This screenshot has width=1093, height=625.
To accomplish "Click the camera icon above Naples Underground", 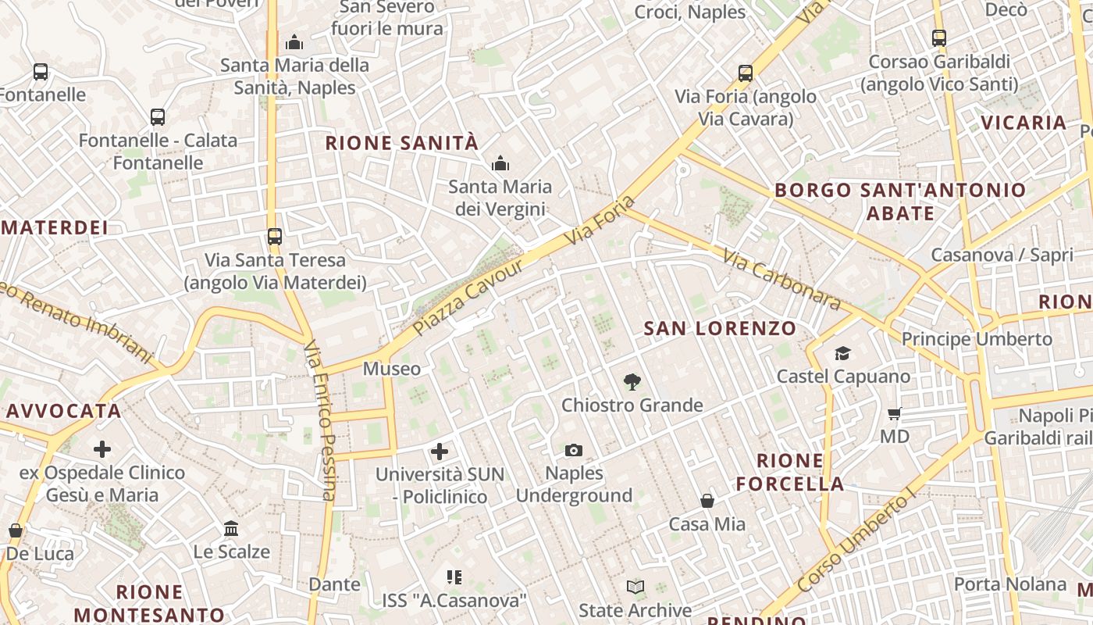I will click(574, 450).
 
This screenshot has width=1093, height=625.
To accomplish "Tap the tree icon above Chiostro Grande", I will click(632, 382).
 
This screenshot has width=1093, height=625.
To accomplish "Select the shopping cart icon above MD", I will click(895, 413).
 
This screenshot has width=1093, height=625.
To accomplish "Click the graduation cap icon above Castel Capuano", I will click(842, 354).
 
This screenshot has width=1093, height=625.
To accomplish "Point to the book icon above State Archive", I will click(636, 587).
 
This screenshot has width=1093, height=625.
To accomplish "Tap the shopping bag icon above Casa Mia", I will click(707, 501).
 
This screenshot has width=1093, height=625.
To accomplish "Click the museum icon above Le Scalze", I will click(231, 529).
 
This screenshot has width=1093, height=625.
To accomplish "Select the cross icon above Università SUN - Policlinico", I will click(440, 452).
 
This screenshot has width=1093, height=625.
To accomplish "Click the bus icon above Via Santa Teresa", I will click(275, 237).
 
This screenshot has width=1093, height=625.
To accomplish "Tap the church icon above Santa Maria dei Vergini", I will click(500, 164).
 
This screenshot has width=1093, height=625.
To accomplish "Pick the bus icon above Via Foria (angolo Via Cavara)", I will click(746, 73).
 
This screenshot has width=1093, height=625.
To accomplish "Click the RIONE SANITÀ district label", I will click(401, 143).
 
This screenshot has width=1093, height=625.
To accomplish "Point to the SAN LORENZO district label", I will click(720, 329).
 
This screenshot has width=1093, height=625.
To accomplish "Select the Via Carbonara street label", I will click(781, 280).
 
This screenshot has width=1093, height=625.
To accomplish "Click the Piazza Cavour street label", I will click(468, 297).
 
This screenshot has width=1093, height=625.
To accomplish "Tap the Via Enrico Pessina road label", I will click(320, 420).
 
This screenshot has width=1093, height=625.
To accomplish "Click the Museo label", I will click(392, 369).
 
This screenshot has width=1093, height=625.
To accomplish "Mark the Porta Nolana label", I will click(1009, 584).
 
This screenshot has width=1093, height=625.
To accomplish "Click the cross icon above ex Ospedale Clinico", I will click(102, 449).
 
